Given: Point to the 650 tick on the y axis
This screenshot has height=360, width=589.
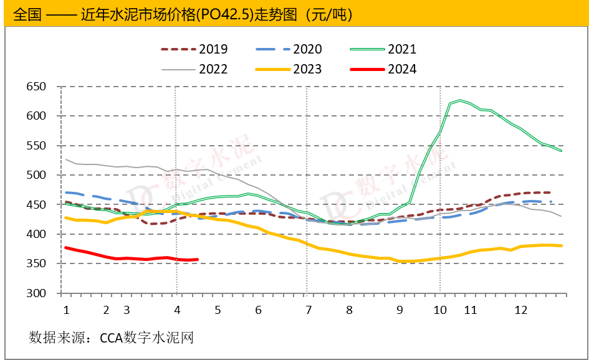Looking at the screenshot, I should pos(36,87).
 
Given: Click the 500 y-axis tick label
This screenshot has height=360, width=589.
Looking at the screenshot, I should pos(36,175).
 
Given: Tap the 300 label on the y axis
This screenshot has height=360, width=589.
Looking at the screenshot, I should pos(36,293).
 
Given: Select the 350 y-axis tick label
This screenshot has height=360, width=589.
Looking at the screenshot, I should pos(36,264).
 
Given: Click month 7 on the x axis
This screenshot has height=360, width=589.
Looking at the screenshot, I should pos(309,310).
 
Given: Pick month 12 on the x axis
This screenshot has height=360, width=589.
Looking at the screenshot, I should pos(521,310).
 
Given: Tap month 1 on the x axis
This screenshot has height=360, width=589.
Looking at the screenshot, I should pos(65,310).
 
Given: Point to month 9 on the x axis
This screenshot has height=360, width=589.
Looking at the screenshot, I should pos(399,310).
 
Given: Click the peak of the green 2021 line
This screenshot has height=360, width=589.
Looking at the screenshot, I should pos(459,100).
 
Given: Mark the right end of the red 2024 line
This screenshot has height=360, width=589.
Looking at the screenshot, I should pos(197,259).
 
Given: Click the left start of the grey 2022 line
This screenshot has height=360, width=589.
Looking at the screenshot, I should pos(66,159).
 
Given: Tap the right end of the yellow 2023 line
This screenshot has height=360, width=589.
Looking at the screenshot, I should pos(562,245).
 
